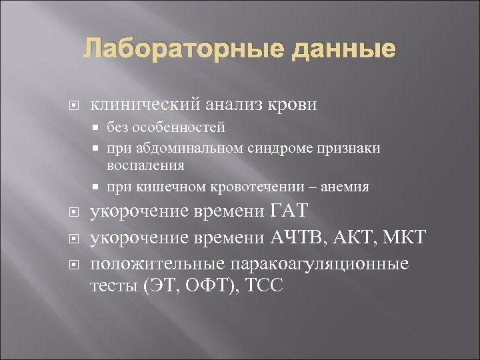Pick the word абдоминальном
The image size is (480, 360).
pos(192,148)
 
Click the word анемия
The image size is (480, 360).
pos(345,187)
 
